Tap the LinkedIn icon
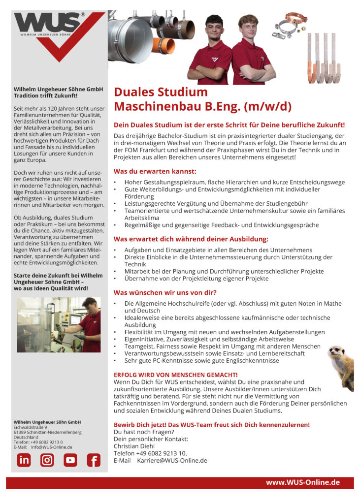pos(24,460)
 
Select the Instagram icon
pos(47,460)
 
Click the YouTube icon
pos(70,460)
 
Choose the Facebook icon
pos(94,460)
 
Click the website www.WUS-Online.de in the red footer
pos(303,482)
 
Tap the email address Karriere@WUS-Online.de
pos(172,461)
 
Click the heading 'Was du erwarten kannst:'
pos(155,171)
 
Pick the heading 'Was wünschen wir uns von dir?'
pos(165,292)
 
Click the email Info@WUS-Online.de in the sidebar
pos(52,447)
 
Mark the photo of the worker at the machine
pos(59,324)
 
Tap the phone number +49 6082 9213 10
pos(159,453)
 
